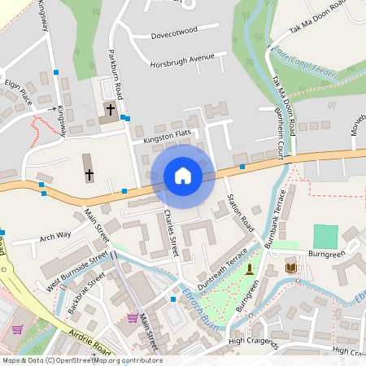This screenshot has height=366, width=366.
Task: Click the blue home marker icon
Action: tap(183, 175)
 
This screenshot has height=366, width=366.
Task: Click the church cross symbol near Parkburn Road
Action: tap(111, 109)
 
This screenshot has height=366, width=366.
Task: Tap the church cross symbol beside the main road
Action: tap(89, 174)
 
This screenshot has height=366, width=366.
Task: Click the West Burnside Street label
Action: tap(77, 270)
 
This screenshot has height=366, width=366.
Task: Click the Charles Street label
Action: tap(171, 233)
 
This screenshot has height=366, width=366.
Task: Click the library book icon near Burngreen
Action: tap(291, 267)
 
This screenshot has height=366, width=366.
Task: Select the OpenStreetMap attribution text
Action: tap(81, 360)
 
